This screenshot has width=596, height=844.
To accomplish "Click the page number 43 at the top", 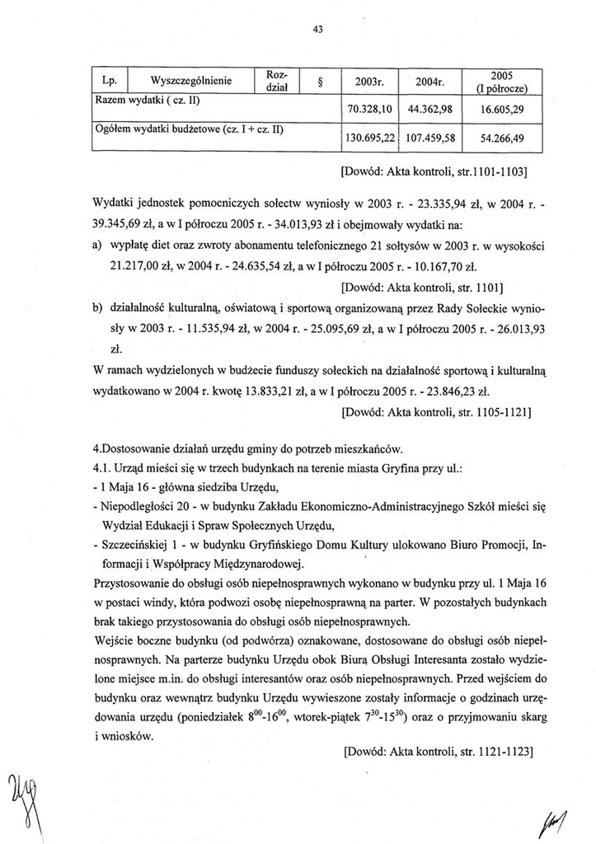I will pos(318,29).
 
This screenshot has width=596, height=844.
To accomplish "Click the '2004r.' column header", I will pos(430,82).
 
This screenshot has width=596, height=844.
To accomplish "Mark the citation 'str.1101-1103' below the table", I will pos(491,174).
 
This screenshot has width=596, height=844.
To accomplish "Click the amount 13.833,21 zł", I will pos(267,392).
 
